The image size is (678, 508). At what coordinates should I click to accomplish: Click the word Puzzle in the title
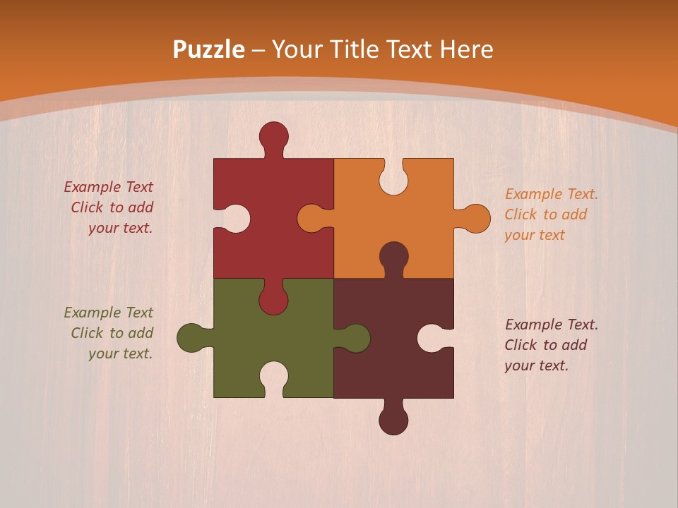(x=209, y=50)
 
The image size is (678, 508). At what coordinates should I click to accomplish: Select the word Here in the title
(x=466, y=50)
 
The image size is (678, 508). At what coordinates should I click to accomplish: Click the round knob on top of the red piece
(x=274, y=135)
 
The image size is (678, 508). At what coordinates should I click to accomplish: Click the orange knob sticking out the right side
(x=476, y=219)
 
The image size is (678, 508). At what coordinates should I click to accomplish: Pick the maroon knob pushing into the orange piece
(x=394, y=255)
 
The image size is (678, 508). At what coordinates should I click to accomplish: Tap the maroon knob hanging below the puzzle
(x=394, y=421)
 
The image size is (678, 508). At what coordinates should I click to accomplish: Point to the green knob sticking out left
(x=191, y=338)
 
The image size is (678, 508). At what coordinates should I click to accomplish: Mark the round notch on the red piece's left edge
(x=236, y=219)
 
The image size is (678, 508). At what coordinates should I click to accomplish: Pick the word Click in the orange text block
(x=521, y=214)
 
